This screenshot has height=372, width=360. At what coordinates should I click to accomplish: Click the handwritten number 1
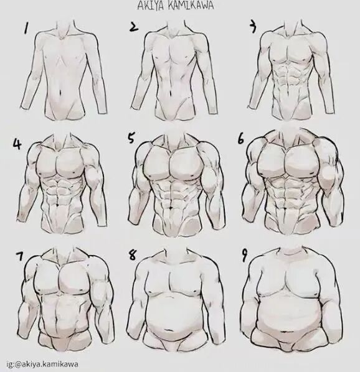click(x=27, y=27)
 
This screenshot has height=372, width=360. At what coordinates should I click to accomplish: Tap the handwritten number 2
click(x=134, y=26)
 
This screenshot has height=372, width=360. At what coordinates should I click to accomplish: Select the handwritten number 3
click(x=253, y=27)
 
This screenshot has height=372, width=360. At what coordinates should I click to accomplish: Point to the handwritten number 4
click(x=17, y=144)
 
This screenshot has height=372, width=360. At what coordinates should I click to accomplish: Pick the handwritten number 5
click(x=131, y=138)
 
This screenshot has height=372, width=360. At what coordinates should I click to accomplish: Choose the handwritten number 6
click(x=240, y=139)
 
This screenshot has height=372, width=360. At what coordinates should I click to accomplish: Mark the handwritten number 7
click(x=19, y=257)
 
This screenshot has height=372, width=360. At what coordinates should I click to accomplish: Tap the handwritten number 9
click(x=244, y=256)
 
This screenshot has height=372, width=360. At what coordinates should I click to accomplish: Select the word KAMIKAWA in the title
click(x=192, y=6)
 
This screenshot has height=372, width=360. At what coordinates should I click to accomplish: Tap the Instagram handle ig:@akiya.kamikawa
click(x=42, y=364)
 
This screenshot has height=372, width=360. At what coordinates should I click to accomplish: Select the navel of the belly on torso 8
click(x=171, y=330)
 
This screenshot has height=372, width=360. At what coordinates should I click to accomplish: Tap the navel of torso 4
click(x=58, y=204)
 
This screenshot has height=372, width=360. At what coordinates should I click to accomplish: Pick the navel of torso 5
click(x=171, y=208)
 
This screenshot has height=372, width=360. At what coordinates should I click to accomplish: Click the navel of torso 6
click(x=284, y=207)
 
